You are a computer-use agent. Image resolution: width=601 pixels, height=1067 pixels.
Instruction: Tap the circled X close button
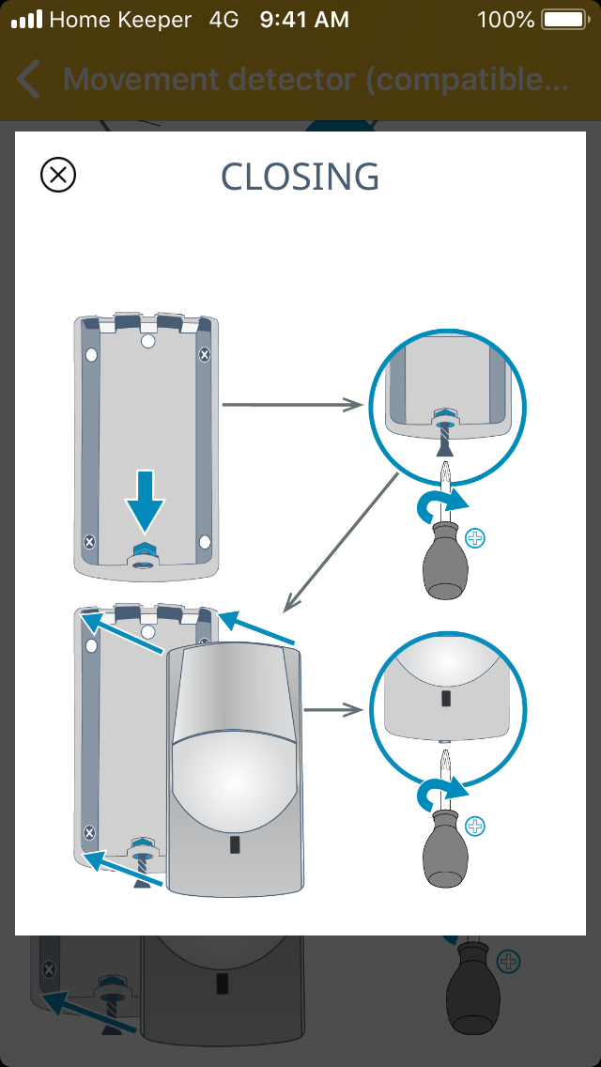58,175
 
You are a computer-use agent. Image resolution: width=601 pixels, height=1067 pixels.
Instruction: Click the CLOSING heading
300,177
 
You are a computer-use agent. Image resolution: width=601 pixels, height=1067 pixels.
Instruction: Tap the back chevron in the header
29,80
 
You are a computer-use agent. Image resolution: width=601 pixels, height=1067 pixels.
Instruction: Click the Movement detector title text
316,80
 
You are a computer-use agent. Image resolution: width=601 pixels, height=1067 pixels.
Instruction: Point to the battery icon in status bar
563,19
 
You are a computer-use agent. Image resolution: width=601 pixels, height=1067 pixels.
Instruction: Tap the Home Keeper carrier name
119,19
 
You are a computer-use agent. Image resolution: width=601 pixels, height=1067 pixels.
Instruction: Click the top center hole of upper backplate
147,342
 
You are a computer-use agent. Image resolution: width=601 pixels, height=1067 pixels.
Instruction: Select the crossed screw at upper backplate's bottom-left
89,542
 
